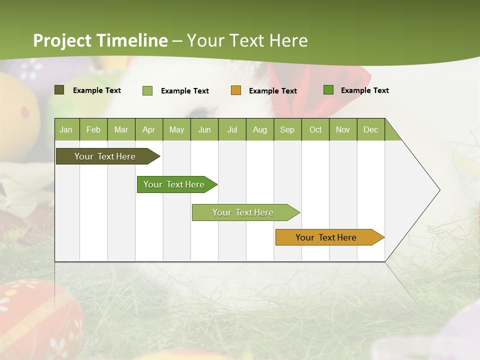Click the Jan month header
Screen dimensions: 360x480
pos(66,129)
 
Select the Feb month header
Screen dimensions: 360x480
pos(93,129)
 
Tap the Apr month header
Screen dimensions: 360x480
pos(148,129)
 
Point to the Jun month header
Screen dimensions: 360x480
pos(204,129)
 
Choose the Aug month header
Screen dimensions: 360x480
pos(259,129)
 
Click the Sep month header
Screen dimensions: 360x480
pos(287,129)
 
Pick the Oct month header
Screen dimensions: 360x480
pos(315,129)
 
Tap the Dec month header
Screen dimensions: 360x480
pos(370,129)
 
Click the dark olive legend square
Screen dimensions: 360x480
pos(59,90)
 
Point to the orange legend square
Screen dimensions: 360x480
pos(236,90)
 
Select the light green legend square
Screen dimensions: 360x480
pos(147,90)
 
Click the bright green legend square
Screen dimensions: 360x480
pos(328,90)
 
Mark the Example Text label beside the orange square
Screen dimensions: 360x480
pos(272,91)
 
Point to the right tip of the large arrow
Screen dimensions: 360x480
pos(439,190)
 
